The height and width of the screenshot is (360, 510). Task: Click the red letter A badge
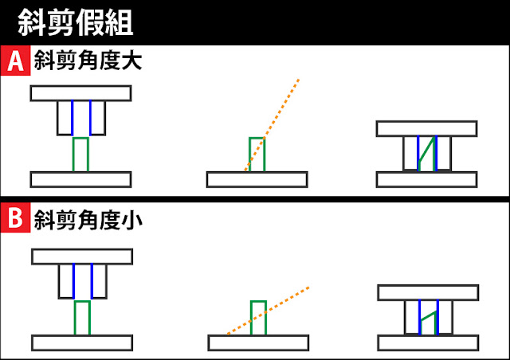pyautogui.click(x=14, y=62)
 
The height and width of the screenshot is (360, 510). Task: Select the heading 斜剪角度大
pyautogui.click(x=88, y=62)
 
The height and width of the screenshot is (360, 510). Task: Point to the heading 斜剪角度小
pyautogui.click(x=88, y=220)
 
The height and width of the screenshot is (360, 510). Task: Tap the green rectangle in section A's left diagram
pyautogui.click(x=80, y=155)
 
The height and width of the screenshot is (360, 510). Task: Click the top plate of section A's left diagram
pyautogui.click(x=80, y=92)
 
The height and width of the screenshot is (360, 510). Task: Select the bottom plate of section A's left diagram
pyautogui.click(x=80, y=179)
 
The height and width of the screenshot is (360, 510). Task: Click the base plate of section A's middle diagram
pyautogui.click(x=257, y=179)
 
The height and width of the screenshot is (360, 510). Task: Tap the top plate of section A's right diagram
pyautogui.click(x=426, y=129)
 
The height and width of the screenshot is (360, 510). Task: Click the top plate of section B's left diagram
pyautogui.click(x=82, y=256)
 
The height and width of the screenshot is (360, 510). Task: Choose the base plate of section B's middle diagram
pyautogui.click(x=258, y=342)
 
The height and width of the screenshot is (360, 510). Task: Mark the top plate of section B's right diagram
pyautogui.click(x=428, y=292)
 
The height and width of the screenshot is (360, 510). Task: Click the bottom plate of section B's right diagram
pyautogui.click(x=428, y=342)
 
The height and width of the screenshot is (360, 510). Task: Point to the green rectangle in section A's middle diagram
pyautogui.click(x=257, y=155)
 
